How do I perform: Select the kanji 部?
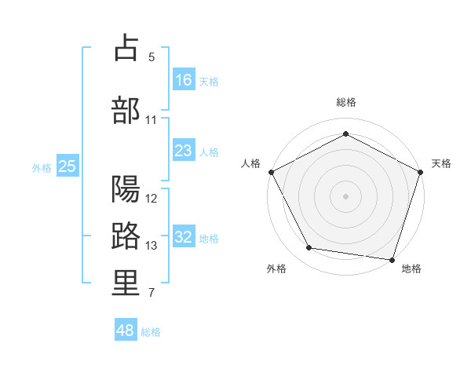126,109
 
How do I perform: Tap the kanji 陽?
126,189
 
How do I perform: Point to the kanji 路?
126,236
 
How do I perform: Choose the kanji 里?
126,283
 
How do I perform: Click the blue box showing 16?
184,79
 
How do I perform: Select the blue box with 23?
184,151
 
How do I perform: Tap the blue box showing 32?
184,237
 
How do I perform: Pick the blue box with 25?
68,166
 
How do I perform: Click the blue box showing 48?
126,331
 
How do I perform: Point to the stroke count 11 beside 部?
152,120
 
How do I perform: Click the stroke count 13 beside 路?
152,246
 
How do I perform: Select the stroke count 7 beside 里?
152,294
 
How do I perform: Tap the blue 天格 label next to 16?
209,81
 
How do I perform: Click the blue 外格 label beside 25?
42,167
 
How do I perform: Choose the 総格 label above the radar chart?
345,102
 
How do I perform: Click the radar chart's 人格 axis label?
250,163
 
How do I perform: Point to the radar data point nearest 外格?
309,248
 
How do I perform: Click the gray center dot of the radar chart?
345,195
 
